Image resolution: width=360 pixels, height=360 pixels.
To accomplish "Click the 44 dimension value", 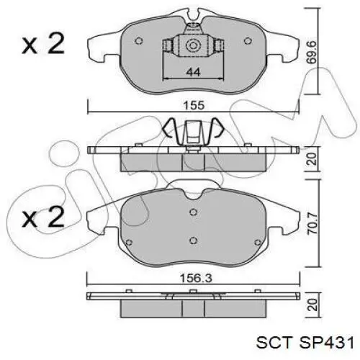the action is pos(193,72).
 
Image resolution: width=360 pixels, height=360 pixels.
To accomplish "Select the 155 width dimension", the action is pos(194,105).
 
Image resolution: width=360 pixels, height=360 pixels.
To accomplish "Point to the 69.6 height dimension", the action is pos(312,52).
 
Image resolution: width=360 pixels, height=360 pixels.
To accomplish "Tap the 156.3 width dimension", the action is pos(196,279).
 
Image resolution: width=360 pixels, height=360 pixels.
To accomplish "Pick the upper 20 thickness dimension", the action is pos(312,159).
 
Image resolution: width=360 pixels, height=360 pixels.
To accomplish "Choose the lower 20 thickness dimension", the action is pos(313,305).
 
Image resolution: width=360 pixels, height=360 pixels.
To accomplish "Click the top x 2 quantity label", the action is pos(43,44).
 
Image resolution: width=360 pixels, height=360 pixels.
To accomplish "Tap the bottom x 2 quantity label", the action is pos(43,217).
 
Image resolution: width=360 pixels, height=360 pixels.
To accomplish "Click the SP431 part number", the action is pos(326,342).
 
